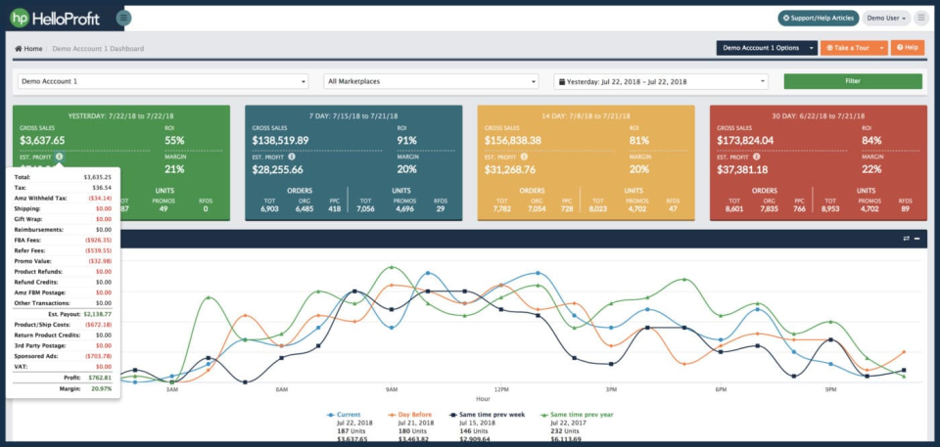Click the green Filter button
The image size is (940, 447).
coord(852,81)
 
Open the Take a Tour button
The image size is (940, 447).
coord(848,47)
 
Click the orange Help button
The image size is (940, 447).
coord(907,47)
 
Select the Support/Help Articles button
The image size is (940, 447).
coord(819,18)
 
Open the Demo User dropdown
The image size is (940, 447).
coord(885,18)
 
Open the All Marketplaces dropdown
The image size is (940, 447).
coord(431,81)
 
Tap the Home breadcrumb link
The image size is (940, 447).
coord(28,48)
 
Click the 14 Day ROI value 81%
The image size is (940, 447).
coord(641,140)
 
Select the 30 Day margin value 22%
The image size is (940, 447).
coord(871,168)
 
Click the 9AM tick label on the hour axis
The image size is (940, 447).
coord(391,389)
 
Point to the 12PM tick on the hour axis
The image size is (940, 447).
coord(501,389)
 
